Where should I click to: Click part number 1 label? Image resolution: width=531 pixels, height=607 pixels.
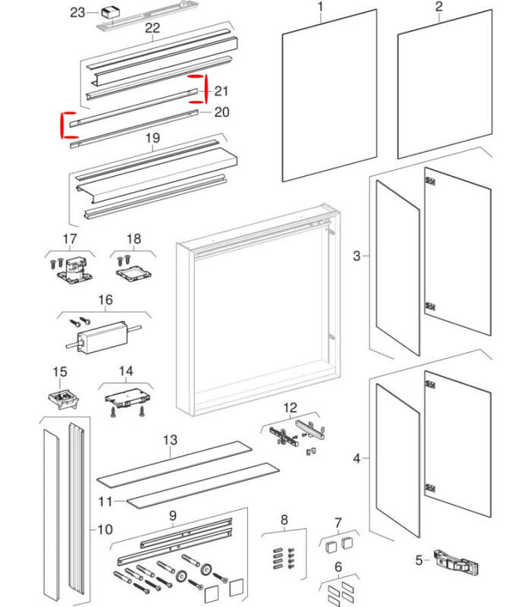(320, 8)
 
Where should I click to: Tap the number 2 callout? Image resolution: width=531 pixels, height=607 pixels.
(438, 8)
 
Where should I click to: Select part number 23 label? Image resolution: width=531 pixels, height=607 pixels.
(78, 12)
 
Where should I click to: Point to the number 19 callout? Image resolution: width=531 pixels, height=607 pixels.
(152, 138)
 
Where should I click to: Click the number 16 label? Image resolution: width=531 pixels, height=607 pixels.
(105, 300)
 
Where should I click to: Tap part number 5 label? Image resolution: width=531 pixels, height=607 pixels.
(418, 561)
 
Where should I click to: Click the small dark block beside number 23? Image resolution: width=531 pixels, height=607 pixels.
(112, 13)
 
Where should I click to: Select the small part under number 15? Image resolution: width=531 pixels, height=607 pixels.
(59, 398)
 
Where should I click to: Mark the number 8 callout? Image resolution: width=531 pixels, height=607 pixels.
(284, 520)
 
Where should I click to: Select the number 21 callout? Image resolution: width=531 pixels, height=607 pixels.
(222, 91)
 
